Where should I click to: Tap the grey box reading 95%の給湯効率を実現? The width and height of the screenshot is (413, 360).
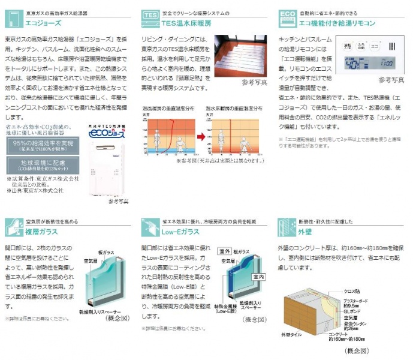[x=38, y=146]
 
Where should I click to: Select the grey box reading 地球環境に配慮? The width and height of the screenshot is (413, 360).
[x=38, y=164]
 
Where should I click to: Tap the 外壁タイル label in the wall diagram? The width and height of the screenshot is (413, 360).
[x=292, y=334]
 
